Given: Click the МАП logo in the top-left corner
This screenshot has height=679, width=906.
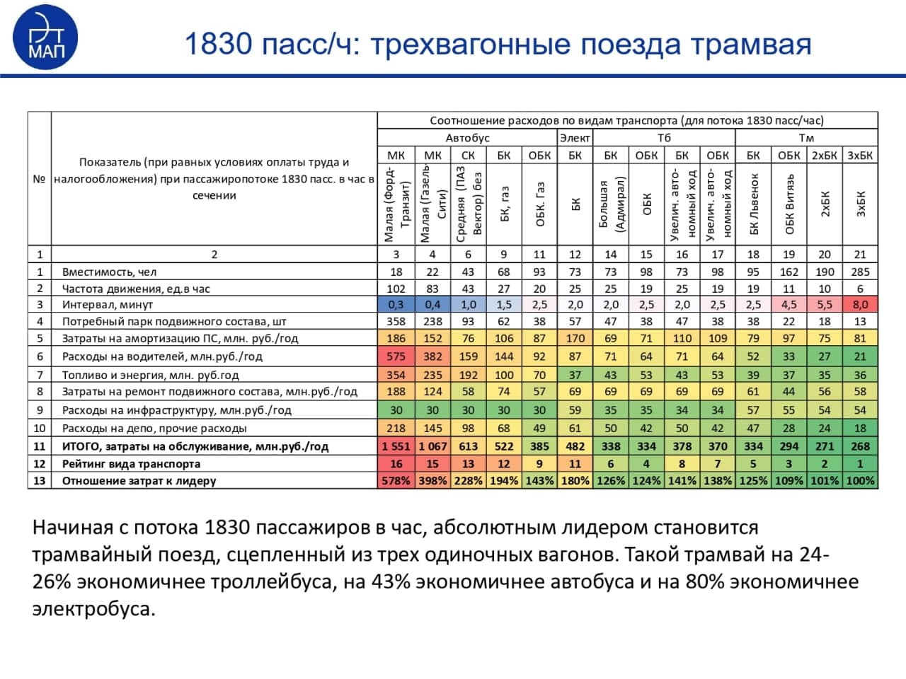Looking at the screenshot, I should (45, 37).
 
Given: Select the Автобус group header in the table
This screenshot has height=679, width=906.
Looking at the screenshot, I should (467, 138).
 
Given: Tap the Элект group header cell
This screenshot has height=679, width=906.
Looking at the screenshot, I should (575, 138).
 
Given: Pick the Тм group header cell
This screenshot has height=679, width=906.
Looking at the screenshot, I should (806, 138).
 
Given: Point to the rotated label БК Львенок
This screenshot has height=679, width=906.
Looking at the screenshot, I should (753, 204).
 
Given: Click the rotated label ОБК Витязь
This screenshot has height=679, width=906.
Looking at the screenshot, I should (789, 204).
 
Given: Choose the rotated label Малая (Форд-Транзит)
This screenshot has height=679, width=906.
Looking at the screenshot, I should (396, 204).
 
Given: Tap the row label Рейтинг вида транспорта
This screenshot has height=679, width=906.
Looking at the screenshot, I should (131, 464).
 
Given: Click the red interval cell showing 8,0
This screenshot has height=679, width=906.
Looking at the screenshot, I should (860, 305).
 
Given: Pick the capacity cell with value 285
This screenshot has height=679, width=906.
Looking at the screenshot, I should (860, 272).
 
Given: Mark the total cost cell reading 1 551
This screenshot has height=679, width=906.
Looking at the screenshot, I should (396, 446).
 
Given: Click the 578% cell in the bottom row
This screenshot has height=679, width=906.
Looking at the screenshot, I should (396, 481).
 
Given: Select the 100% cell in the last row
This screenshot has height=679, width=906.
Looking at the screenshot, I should (860, 481).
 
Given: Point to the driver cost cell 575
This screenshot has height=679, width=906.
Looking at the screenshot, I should (396, 356).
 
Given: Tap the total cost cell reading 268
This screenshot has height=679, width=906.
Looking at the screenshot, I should (860, 446).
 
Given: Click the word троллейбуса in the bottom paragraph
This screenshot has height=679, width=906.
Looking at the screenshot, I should (275, 582).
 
